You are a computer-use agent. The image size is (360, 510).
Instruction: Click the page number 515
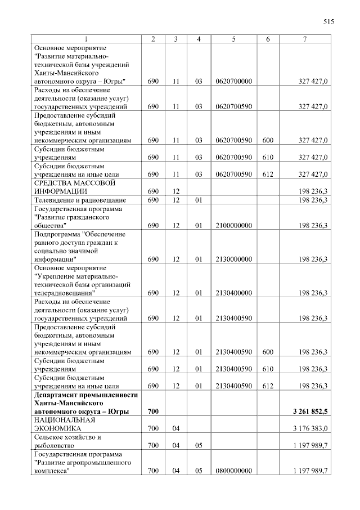[328, 22]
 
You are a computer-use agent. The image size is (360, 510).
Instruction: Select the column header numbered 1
[86, 39]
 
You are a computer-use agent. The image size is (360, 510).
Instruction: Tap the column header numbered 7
[304, 39]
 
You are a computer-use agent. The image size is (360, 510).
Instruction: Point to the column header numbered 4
[199, 39]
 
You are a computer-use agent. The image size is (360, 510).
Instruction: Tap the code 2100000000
[233, 226]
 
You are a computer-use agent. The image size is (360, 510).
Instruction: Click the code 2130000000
[233, 260]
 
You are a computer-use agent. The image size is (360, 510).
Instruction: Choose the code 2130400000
[233, 293]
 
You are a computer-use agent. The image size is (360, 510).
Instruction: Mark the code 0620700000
[233, 82]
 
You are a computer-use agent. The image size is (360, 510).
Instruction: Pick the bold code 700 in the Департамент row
[153, 412]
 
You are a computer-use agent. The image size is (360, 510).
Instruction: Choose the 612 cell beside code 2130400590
[268, 386]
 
